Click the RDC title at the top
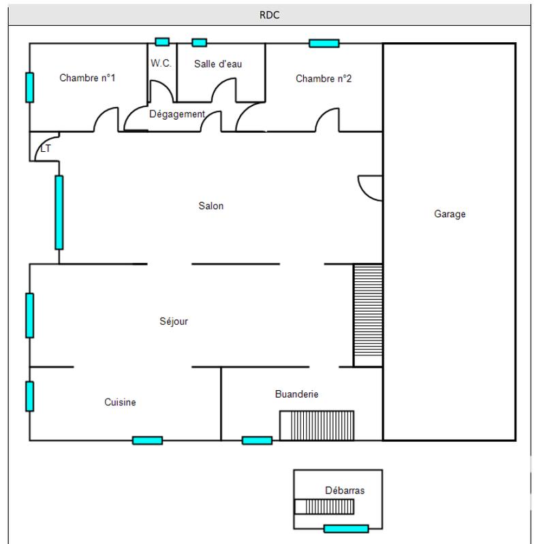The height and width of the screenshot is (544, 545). [x=270, y=15]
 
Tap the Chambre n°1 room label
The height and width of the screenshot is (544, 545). [x=87, y=78]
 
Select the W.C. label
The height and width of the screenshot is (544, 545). [x=161, y=63]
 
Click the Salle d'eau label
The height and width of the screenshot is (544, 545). [x=218, y=64]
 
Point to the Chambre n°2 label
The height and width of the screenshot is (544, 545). [x=324, y=79]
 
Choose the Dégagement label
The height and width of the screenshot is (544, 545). [x=177, y=114]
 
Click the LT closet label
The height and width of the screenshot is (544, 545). [x=46, y=148]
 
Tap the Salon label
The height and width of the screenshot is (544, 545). [x=211, y=206]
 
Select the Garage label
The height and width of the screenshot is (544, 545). [x=450, y=214]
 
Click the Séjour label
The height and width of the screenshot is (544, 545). [x=174, y=321]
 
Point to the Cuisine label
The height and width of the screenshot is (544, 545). [x=120, y=402]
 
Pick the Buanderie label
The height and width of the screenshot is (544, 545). [x=296, y=394]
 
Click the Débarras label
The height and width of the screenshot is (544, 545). [x=345, y=490]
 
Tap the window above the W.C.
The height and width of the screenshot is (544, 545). [x=162, y=42]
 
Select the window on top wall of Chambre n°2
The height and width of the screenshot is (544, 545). [x=324, y=44]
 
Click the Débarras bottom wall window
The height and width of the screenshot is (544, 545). [x=346, y=528]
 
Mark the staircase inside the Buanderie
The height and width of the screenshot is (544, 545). [x=317, y=426]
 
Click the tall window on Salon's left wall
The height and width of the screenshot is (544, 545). [x=59, y=212]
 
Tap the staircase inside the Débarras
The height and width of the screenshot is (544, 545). [x=324, y=507]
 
